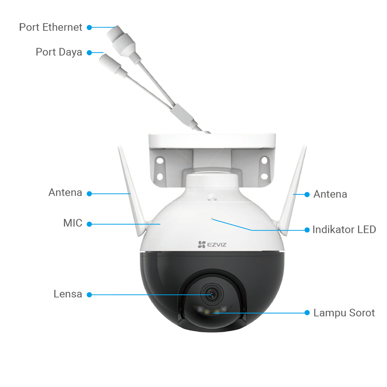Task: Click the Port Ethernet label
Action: tap(51, 27)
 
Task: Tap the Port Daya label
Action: tap(59, 52)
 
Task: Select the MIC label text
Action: tap(73, 223)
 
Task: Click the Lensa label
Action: tap(68, 294)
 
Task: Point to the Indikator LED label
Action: tap(344, 229)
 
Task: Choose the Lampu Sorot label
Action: tap(344, 313)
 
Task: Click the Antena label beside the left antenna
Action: tap(65, 193)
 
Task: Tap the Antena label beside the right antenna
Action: tap(330, 194)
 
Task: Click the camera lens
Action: tap(212, 295)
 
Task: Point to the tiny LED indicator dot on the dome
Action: tap(212, 219)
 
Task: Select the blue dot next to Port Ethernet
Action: tap(89, 27)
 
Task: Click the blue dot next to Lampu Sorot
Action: tap(307, 312)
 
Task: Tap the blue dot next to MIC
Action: tap(89, 224)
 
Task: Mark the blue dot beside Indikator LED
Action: tap(307, 229)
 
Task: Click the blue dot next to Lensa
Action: tap(89, 295)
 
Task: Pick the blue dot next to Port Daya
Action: tap(89, 53)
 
